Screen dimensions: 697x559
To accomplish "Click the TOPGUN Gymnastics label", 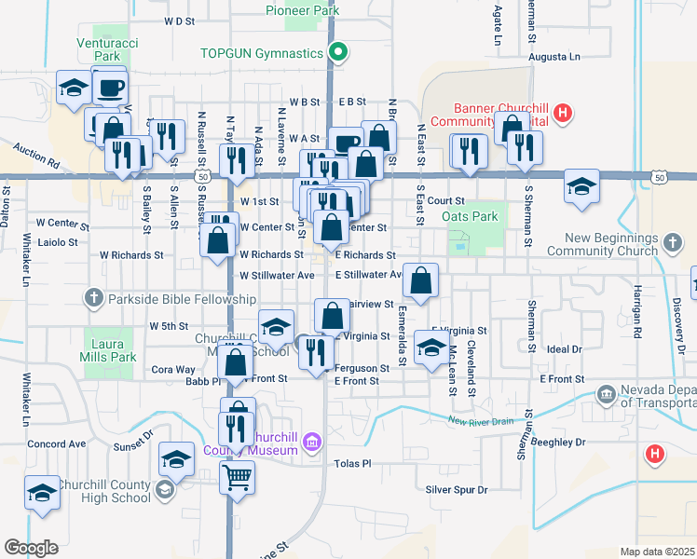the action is click(x=261, y=53).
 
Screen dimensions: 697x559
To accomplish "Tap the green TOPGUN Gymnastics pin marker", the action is click(x=339, y=52).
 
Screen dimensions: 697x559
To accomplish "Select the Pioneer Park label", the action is click(x=302, y=10).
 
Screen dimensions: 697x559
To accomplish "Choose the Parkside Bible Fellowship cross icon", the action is click(x=92, y=299).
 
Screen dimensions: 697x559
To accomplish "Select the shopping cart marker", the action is click(x=238, y=478).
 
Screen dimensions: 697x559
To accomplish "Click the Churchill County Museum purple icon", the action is click(x=312, y=440).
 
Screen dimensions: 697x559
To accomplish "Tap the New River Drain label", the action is click(x=481, y=422).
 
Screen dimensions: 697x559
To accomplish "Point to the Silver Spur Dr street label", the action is click(x=457, y=490).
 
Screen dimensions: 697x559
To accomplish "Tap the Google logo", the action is click(x=31, y=548).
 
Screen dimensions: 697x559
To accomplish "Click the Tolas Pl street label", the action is click(x=353, y=463).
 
